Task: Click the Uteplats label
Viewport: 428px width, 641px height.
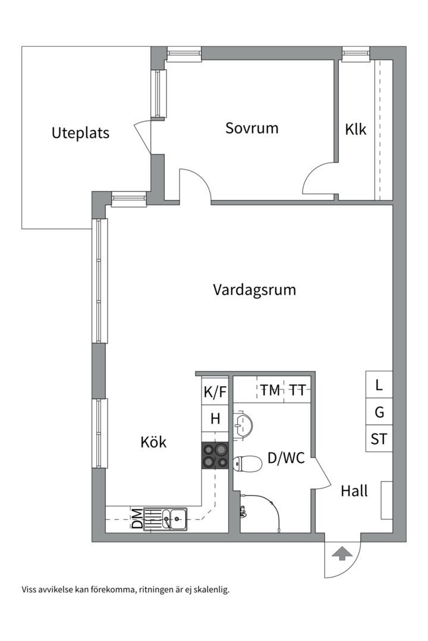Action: (80, 132)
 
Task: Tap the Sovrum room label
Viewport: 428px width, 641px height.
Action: (251, 128)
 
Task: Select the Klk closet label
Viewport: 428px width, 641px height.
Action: (355, 129)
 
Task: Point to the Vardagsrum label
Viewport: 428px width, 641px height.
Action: (254, 290)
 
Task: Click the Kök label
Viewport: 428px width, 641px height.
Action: (153, 442)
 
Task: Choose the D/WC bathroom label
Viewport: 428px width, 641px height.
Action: (286, 458)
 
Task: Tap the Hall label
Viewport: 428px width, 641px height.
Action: (354, 491)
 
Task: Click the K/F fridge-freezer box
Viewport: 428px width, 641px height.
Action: (215, 392)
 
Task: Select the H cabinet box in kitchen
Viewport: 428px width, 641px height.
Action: (215, 419)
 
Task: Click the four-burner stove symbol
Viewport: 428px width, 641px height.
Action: (215, 456)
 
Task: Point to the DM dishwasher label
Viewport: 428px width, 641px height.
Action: (137, 519)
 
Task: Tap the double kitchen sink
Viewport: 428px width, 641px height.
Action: (172, 519)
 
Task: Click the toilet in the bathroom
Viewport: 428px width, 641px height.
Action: (248, 462)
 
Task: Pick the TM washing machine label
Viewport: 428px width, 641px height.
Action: (270, 391)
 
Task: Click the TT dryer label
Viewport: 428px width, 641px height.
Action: (297, 391)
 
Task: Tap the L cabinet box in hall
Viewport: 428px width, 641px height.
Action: (379, 385)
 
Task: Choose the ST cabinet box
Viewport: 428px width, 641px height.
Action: (379, 439)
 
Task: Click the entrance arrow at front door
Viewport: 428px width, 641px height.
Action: (340, 554)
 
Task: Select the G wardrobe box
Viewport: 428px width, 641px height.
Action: (379, 412)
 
